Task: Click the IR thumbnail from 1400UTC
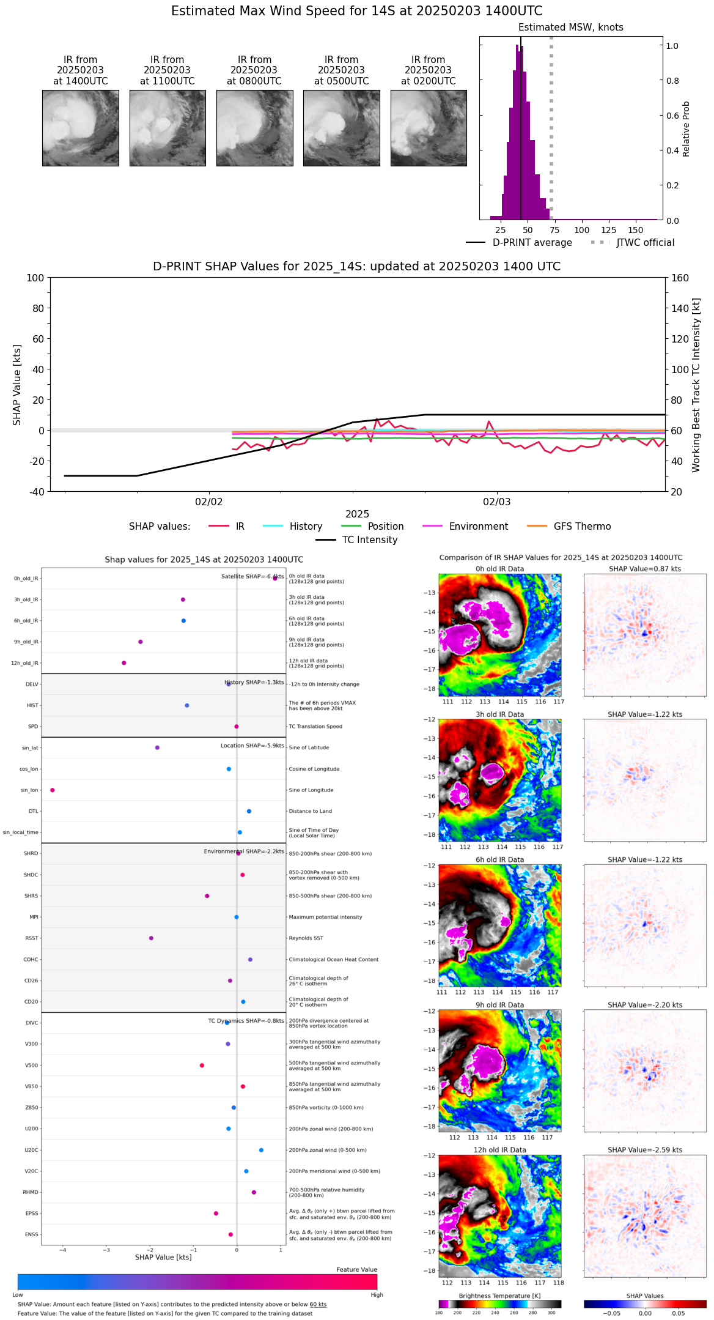(80, 128)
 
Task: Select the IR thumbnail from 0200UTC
(429, 128)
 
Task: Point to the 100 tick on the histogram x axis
(582, 230)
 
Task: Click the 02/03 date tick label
(496, 502)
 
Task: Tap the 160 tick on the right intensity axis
(680, 278)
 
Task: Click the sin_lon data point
(53, 790)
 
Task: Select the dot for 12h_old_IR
(124, 662)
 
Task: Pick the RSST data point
(151, 938)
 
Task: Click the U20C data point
(261, 1150)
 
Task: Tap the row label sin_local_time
(21, 832)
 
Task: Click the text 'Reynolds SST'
(306, 938)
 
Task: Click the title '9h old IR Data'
(499, 1005)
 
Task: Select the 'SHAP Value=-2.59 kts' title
(645, 1150)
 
